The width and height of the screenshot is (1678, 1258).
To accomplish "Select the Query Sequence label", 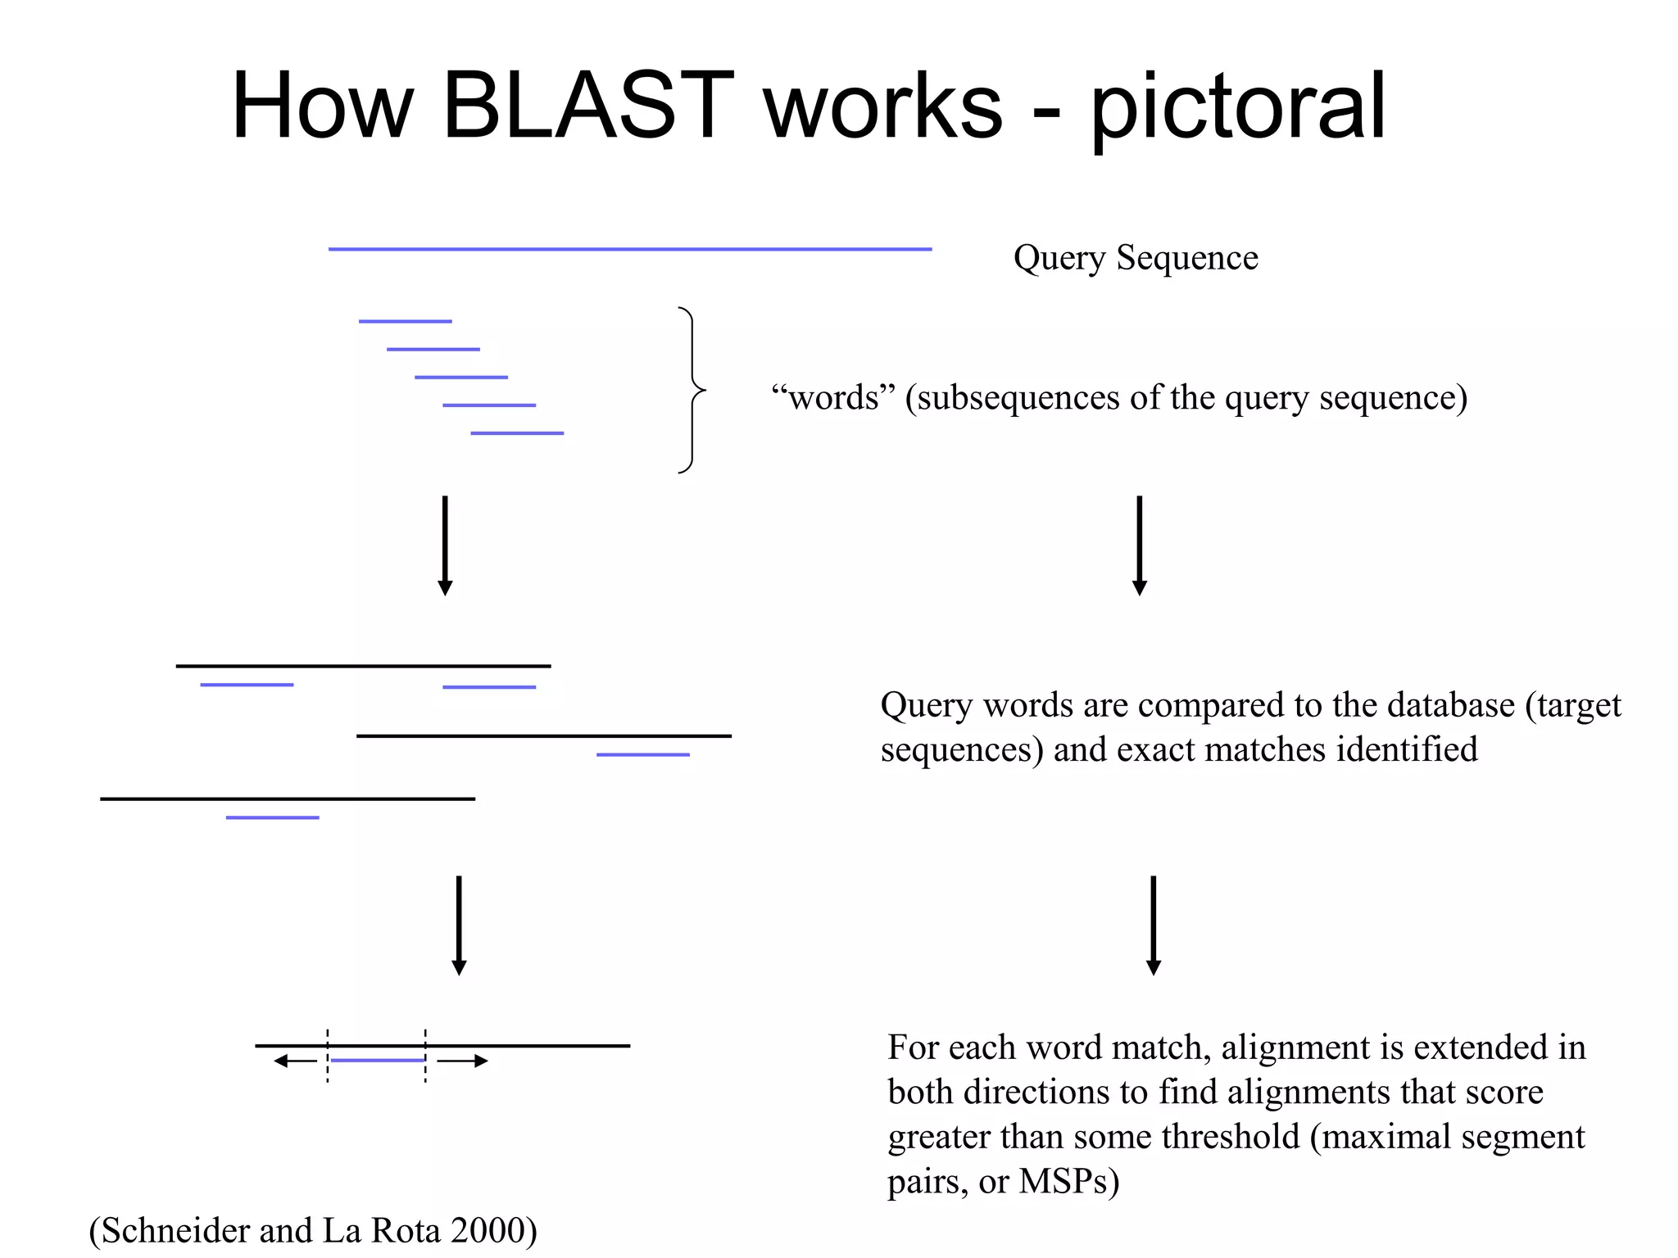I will coord(1136,258).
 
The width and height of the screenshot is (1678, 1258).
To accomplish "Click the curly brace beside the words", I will coord(692,390).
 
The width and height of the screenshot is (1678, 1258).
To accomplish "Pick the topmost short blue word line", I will coord(405,321).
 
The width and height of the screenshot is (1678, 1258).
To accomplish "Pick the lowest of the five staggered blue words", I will coord(517,433).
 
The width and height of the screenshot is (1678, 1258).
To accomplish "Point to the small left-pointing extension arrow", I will coord(295,1061).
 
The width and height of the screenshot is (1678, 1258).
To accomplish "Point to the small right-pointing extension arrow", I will coord(463,1061).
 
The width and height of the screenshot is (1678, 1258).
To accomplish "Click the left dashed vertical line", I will coord(328,1057).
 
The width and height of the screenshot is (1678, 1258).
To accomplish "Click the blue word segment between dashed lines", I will coord(377,1061).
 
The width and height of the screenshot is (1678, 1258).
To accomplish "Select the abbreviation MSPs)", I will coord(1068,1182).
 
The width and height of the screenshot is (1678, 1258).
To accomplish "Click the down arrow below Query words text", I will coord(1153,925).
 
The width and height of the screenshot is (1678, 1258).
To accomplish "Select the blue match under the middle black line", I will coord(642,754).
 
